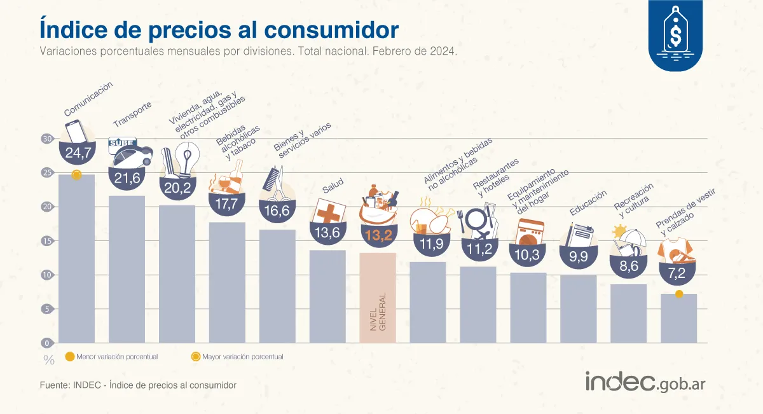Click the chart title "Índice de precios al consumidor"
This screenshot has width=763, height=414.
219,29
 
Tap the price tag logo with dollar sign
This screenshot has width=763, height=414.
675,32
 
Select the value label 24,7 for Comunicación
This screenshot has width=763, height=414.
76,153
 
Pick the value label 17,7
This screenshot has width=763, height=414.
227,204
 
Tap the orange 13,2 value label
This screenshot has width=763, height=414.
378,234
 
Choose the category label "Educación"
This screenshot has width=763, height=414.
588,203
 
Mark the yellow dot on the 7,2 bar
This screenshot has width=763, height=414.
679,294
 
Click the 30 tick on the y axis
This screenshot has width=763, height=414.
46,139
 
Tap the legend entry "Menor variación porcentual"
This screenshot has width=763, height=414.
111,357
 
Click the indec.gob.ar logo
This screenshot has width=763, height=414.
645,382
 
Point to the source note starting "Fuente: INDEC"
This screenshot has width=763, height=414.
138,385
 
